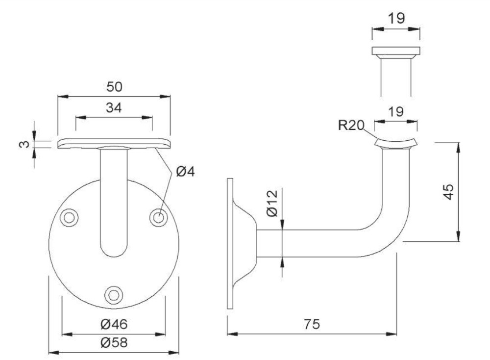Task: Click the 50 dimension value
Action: coord(114,86)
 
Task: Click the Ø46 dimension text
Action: coord(114,324)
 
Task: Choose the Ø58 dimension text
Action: coord(114,343)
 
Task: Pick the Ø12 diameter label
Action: coord(272,203)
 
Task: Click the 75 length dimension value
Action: coord(311,324)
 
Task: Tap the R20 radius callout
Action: coord(351,126)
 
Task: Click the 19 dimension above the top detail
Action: coord(395,19)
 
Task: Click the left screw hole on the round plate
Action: coord(69,216)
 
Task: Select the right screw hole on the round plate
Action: coord(158,216)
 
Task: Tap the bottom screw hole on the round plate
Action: coord(114,294)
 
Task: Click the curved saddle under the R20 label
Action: coord(396,143)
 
